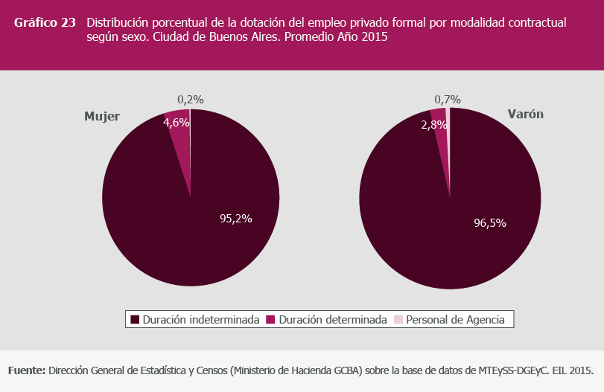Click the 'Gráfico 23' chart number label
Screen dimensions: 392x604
pyautogui.click(x=45, y=22)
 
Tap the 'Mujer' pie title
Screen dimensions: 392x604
pyautogui.click(x=102, y=117)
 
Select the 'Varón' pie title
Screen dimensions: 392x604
pyautogui.click(x=525, y=115)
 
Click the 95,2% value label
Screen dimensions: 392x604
pyautogui.click(x=235, y=219)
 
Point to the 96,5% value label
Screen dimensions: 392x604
pyautogui.click(x=495, y=222)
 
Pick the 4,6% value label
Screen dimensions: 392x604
pyautogui.click(x=177, y=123)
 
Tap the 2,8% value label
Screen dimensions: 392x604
pyautogui.click(x=434, y=125)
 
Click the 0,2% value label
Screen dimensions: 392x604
pyautogui.click(x=191, y=99)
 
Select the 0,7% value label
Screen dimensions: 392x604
pyautogui.click(x=447, y=99)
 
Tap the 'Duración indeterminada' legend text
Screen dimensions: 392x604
pyautogui.click(x=201, y=320)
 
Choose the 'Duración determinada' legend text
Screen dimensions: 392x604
pyautogui.click(x=333, y=320)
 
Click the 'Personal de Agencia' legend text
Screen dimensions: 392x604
pyautogui.click(x=455, y=320)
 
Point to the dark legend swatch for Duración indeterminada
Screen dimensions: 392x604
pyautogui.click(x=135, y=320)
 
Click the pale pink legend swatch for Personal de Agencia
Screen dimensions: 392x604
pyautogui.click(x=398, y=320)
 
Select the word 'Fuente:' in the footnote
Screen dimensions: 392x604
pyautogui.click(x=27, y=370)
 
